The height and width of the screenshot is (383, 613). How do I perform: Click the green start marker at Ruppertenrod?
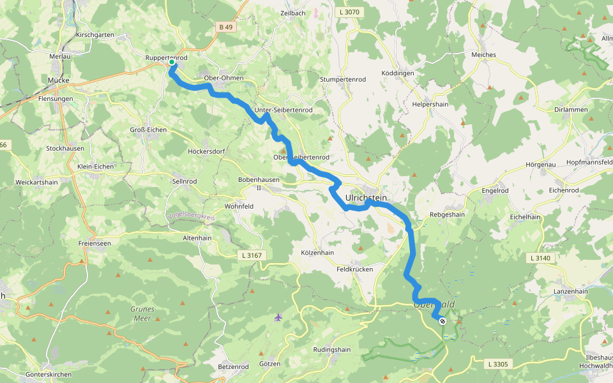171,62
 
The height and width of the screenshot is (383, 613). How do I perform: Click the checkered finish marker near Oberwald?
442,321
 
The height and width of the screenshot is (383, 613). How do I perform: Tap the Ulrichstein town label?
366,199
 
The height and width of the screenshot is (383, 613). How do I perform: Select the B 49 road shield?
225,27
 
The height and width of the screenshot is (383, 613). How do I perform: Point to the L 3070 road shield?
349,12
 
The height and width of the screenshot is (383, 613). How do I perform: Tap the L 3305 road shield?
498,364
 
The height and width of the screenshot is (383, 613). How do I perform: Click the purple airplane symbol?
278,317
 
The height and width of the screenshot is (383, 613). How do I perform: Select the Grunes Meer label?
142,313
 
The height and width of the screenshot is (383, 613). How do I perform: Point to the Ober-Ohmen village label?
223,78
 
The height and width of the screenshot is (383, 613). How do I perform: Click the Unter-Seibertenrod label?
283,110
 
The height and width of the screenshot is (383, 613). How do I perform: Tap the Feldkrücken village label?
354,269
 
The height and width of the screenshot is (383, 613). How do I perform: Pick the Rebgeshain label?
447,215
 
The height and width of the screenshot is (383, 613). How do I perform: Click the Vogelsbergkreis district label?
191,216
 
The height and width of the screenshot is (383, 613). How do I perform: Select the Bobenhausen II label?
259,184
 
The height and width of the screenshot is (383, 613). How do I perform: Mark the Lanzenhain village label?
571,291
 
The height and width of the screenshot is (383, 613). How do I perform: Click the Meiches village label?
483,55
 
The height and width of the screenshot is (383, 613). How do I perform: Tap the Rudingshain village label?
332,350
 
